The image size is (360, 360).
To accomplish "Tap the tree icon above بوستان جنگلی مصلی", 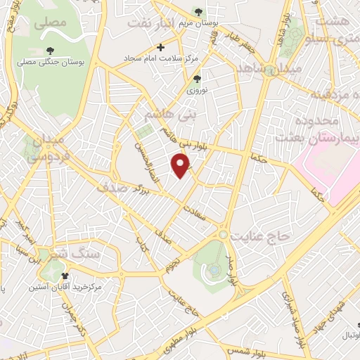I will point(51,50).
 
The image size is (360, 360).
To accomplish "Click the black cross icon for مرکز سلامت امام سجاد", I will point(161,48).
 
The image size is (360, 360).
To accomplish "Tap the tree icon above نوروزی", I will point(198,79).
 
